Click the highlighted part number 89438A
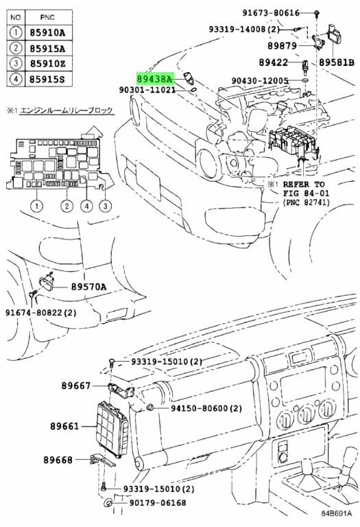(155, 79)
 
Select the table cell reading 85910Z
(48, 64)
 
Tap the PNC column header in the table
(48, 17)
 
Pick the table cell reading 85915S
(48, 80)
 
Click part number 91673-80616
(271, 13)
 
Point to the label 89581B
(336, 62)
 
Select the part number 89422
(274, 62)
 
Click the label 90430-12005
(260, 81)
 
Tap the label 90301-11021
(147, 90)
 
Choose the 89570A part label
(88, 287)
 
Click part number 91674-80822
(34, 313)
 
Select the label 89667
(76, 386)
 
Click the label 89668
(58, 460)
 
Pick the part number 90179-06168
(158, 503)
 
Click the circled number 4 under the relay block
(86, 206)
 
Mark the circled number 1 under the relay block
(36, 206)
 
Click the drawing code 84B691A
(336, 513)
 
